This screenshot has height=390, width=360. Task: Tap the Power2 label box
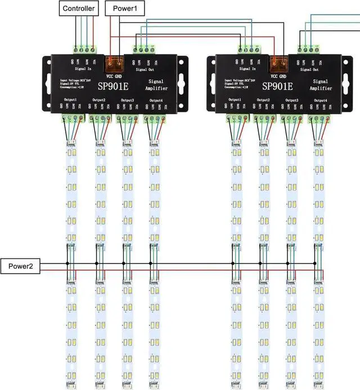(x=20, y=266)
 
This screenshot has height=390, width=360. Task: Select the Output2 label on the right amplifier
(x=263, y=100)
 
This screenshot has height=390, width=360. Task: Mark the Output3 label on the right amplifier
(x=290, y=100)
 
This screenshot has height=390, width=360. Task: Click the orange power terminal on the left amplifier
(x=115, y=62)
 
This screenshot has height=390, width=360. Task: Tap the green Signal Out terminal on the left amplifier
(x=143, y=49)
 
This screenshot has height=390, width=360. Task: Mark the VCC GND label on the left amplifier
(x=115, y=74)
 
